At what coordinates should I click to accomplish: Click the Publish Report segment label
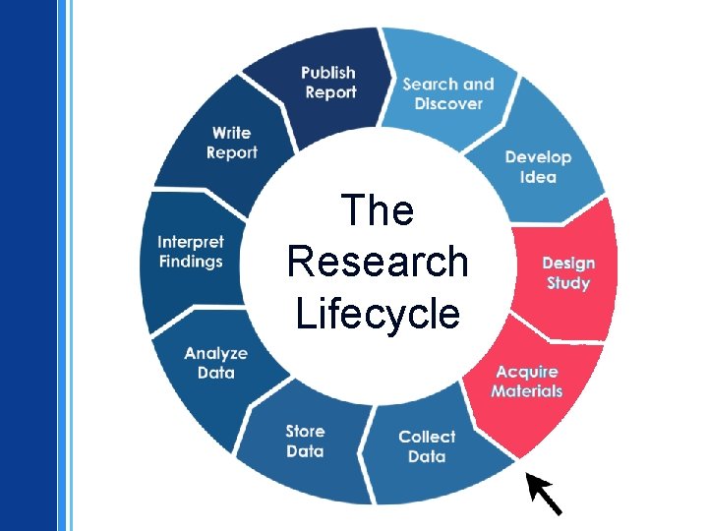click(328, 83)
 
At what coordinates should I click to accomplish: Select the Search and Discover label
click(448, 93)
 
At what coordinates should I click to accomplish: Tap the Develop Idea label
click(538, 167)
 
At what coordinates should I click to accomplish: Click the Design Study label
click(568, 273)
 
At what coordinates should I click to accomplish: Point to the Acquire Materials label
click(527, 382)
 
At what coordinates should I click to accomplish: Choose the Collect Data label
click(427, 446)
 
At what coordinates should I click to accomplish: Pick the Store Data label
click(305, 442)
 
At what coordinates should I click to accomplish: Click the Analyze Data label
click(215, 363)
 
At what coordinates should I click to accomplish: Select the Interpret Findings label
click(191, 252)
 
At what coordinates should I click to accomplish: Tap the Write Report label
click(232, 143)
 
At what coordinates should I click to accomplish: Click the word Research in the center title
click(378, 262)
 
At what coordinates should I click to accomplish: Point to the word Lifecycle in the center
click(378, 314)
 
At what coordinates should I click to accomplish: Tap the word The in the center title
click(378, 210)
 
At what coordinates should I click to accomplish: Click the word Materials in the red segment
click(527, 391)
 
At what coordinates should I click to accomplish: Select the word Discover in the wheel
click(448, 103)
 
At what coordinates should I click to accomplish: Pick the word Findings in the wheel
click(191, 262)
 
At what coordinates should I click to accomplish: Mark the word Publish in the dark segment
click(328, 73)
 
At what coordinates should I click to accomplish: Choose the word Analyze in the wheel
click(215, 353)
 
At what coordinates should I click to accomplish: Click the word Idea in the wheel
click(538, 177)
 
